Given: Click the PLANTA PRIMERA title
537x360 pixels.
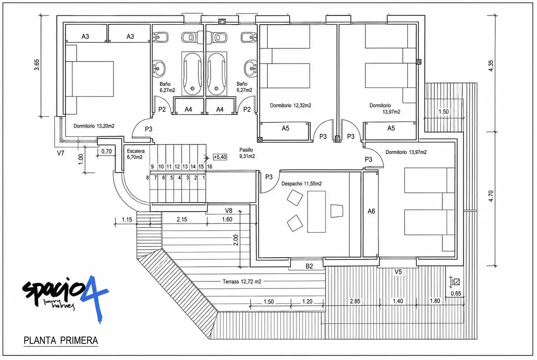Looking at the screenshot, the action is click(x=61, y=341).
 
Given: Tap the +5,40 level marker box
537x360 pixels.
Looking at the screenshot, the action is click(x=220, y=157).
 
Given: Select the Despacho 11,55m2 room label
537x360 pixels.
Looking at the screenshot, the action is click(x=301, y=184).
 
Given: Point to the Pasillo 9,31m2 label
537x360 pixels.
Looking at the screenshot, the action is click(x=247, y=153).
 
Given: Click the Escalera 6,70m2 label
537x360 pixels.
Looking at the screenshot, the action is click(x=136, y=154).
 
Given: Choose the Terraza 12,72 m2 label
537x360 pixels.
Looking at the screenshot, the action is click(x=242, y=281).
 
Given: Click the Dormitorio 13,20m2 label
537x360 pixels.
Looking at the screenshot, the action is click(x=94, y=126).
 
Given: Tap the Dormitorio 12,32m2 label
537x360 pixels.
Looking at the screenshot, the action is click(x=291, y=106).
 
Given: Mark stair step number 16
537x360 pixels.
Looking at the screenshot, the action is click(x=209, y=167).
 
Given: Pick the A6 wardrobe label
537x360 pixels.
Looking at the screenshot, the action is click(x=371, y=211).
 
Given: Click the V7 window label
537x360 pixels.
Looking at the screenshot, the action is click(x=61, y=153).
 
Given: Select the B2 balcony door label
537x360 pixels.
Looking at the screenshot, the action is click(x=309, y=266).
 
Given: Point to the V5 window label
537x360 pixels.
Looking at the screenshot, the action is click(x=398, y=272).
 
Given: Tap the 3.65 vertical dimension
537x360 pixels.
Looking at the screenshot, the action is click(x=37, y=65).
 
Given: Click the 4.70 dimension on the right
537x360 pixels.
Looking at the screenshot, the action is click(x=491, y=196).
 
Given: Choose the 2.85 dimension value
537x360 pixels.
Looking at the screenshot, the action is click(x=355, y=301).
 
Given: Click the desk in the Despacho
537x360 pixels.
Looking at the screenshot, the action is click(x=317, y=212).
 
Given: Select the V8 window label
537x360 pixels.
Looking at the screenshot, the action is click(x=229, y=211).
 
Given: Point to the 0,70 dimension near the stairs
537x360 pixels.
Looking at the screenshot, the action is click(x=107, y=151).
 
